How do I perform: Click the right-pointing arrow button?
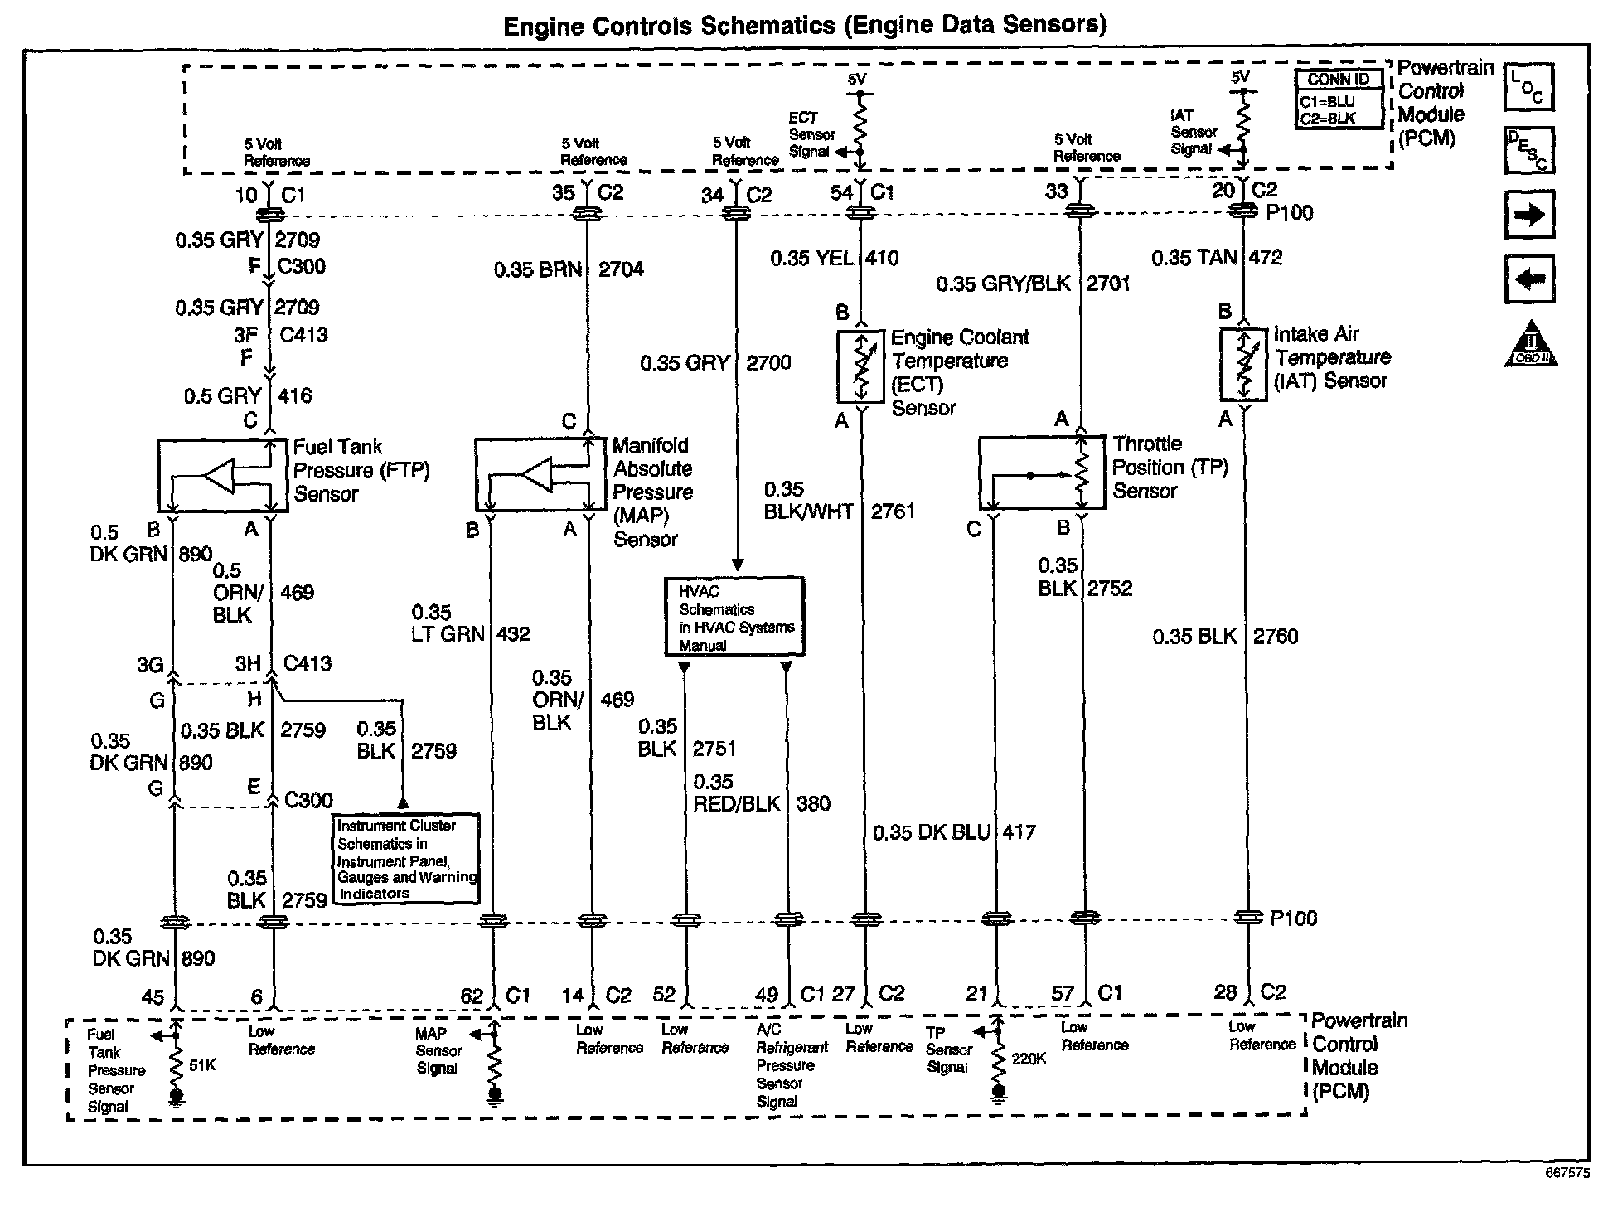(x=1528, y=215)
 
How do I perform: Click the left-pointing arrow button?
(x=1528, y=279)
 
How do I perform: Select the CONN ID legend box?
(x=1339, y=99)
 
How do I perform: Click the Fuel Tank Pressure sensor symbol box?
(x=222, y=476)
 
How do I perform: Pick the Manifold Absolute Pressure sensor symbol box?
(x=540, y=474)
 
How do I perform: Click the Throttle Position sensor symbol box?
(x=1042, y=473)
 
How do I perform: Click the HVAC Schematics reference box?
(x=734, y=617)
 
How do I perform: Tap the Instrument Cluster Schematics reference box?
(x=406, y=859)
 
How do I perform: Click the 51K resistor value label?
(x=202, y=1065)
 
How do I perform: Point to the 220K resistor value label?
(x=1029, y=1059)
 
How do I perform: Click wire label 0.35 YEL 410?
(x=834, y=259)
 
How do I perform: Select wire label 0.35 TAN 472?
(x=1216, y=258)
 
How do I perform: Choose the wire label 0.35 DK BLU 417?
(x=953, y=832)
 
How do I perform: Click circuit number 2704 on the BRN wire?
(x=621, y=269)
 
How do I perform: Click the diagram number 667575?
(x=1567, y=1173)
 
